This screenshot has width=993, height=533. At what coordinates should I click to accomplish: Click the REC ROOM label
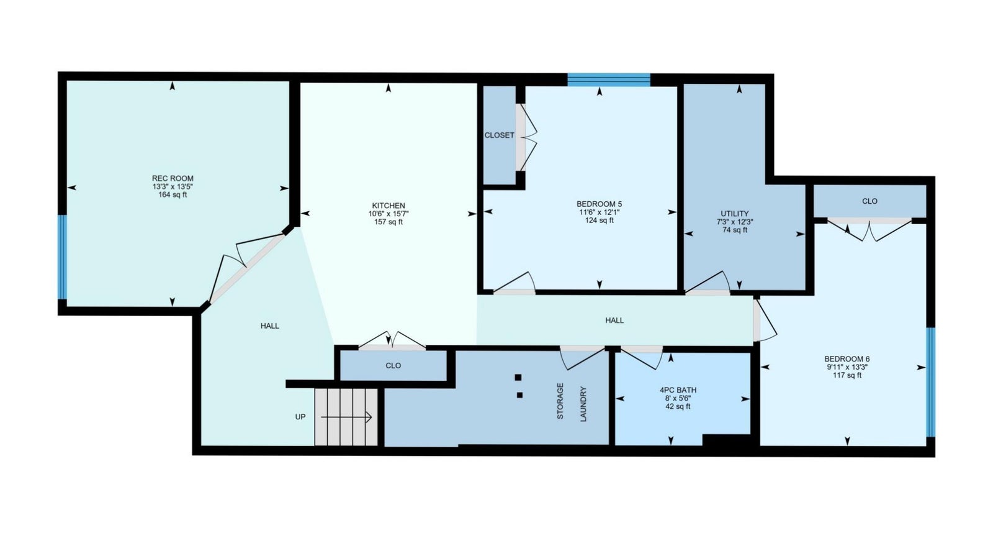point(173,178)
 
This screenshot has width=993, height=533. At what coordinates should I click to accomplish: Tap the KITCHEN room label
point(389,206)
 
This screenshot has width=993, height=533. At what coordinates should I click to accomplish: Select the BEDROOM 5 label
point(599,204)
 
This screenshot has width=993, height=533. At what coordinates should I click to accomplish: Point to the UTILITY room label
point(735,214)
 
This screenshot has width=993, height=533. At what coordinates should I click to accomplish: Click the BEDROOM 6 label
point(847,359)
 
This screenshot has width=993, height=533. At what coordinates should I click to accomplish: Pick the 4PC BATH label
point(678,390)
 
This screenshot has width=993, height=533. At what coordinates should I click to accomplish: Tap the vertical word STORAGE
point(560,401)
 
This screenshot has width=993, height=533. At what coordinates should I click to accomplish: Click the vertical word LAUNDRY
point(583,404)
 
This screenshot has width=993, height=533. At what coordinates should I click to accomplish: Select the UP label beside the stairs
point(300,417)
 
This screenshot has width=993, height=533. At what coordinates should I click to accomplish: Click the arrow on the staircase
point(346,417)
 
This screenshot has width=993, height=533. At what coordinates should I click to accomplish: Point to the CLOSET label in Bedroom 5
point(499,135)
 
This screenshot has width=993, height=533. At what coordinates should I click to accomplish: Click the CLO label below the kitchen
point(393,366)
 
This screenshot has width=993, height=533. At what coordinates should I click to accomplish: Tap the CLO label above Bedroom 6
point(869,201)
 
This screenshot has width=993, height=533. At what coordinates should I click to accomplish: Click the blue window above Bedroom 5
point(609,80)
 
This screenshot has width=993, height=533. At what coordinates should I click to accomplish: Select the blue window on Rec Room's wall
point(63,257)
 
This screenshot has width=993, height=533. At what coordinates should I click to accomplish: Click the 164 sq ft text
point(173,195)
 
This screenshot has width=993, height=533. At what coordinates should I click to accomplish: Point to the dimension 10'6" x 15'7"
point(389,214)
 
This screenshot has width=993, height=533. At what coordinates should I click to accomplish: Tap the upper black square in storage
point(518,377)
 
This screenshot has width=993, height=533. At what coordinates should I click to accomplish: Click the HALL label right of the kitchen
point(614,321)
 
